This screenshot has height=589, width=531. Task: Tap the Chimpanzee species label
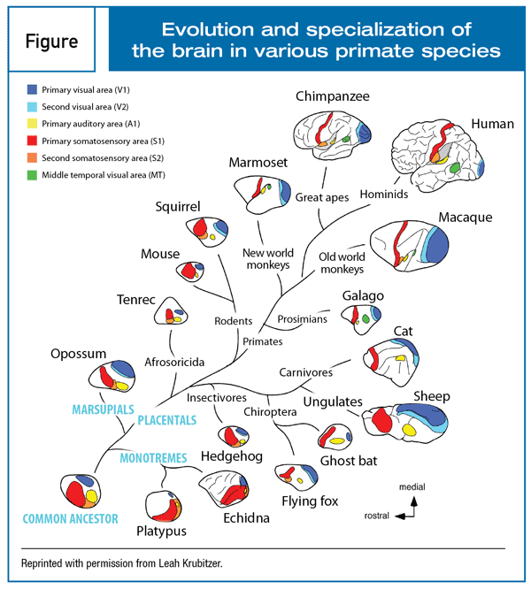click(x=333, y=96)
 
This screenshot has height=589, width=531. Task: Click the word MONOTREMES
click(x=152, y=457)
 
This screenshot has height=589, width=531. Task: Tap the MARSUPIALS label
click(x=102, y=409)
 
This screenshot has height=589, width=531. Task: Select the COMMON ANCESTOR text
click(x=70, y=518)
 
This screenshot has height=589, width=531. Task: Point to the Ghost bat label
click(x=349, y=460)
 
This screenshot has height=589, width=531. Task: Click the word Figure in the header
click(x=51, y=42)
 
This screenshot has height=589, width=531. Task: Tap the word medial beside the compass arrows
click(x=412, y=486)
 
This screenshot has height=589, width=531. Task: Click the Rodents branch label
click(x=234, y=321)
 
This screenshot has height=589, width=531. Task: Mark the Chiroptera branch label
click(x=272, y=412)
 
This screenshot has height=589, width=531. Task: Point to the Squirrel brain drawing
click(x=210, y=229)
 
